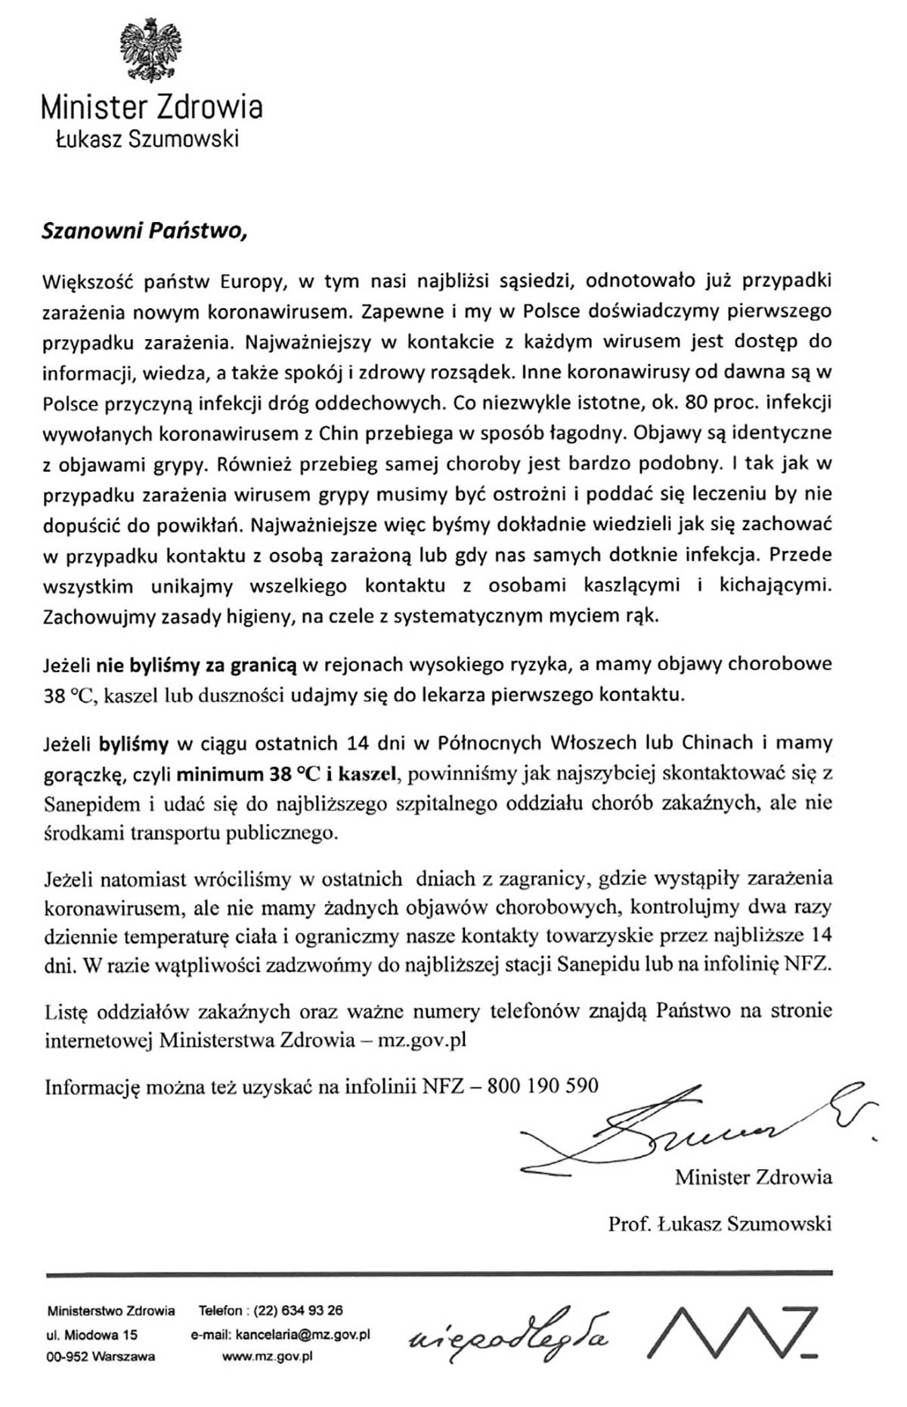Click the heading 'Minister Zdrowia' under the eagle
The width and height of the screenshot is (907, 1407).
[x=151, y=107]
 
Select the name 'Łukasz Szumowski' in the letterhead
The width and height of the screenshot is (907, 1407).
[x=147, y=139]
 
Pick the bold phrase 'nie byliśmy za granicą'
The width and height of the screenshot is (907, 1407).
[x=197, y=665]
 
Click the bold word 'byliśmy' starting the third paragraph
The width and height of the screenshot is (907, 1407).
[x=134, y=743]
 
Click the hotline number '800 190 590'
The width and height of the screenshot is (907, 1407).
[x=543, y=1086]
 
